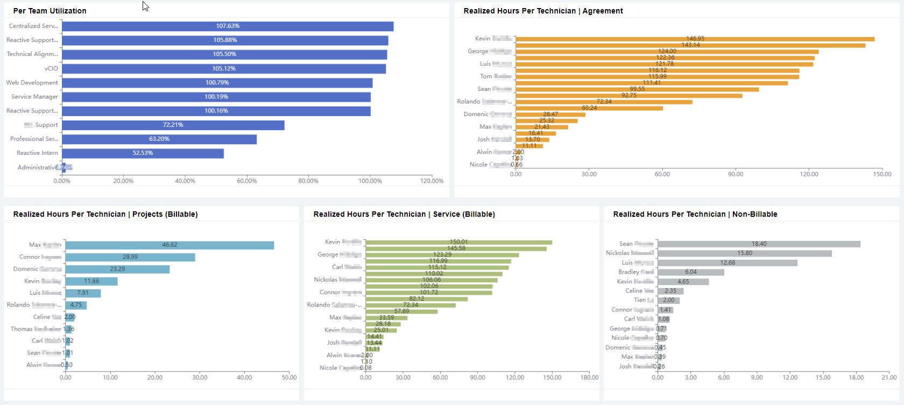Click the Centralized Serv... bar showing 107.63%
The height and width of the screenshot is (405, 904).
[x=228, y=26]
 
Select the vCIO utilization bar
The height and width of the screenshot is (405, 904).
[x=224, y=69]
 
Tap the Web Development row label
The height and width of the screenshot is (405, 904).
[x=32, y=83]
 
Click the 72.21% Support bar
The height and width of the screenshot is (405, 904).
[x=173, y=125]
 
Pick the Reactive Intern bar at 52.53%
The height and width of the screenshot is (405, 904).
[x=143, y=153]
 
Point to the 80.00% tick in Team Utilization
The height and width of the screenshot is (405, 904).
[x=308, y=181]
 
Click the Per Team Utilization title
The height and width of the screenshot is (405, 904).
[x=50, y=11]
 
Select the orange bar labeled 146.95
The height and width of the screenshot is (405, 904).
[x=695, y=39]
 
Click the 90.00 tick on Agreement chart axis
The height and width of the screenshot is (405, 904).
[x=736, y=174]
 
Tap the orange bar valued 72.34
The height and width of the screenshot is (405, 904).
[x=604, y=102]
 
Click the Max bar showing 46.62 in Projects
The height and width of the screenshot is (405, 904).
[x=169, y=245]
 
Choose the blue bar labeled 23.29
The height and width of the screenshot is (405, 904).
[x=117, y=269]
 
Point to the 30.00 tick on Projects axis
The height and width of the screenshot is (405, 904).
[x=200, y=378]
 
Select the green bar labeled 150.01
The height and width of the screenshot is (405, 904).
[x=458, y=242]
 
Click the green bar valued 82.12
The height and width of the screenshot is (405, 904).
[x=416, y=299]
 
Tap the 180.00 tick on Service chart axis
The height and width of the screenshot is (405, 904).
[x=590, y=378]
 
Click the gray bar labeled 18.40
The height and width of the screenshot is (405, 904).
[x=759, y=244]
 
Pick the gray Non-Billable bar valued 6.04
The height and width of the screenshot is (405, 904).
[x=691, y=272]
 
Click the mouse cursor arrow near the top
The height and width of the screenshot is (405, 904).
[x=145, y=6]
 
